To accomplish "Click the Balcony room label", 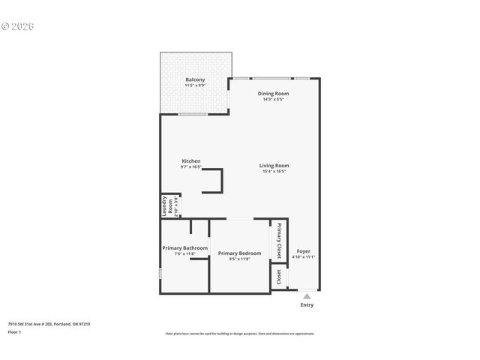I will (195, 79).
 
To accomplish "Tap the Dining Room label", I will (273, 93).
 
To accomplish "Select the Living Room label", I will (274, 165).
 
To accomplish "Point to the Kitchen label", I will (191, 160).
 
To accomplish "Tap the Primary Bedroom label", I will (239, 253).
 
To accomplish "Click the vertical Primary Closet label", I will (279, 241).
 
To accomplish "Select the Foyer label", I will (303, 251).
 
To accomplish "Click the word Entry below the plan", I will (307, 304).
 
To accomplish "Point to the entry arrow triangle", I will (307, 296).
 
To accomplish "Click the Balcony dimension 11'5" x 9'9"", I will (195, 85).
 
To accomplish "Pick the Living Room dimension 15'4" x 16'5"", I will (274, 171).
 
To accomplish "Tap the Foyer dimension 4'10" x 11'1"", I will (303, 257).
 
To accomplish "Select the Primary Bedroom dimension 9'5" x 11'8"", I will (239, 259).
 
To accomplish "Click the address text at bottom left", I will (49, 324).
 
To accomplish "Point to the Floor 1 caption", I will (14, 331).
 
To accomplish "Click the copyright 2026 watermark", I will (18, 26).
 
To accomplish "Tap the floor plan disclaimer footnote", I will (239, 334).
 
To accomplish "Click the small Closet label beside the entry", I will (279, 277).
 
